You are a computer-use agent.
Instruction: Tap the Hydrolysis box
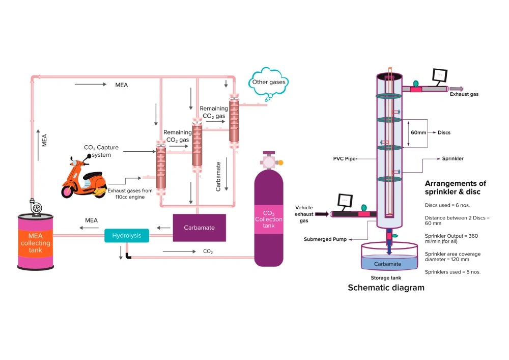(x=127, y=236)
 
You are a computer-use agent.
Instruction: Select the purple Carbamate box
(x=199, y=228)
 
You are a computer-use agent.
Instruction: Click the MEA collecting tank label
(x=36, y=243)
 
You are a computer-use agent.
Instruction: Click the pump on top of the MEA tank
(x=36, y=208)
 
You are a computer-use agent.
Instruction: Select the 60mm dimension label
(x=418, y=132)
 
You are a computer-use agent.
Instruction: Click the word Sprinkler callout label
(x=453, y=159)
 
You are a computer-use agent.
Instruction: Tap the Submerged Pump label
(x=325, y=239)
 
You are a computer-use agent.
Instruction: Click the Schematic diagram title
(x=386, y=288)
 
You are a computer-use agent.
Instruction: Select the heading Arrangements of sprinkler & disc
(x=455, y=187)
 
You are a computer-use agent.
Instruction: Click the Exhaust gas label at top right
(x=464, y=94)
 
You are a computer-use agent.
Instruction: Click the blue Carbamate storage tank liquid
(x=388, y=264)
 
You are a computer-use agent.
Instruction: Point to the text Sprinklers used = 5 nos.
(x=453, y=272)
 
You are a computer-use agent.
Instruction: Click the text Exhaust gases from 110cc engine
(x=130, y=193)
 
